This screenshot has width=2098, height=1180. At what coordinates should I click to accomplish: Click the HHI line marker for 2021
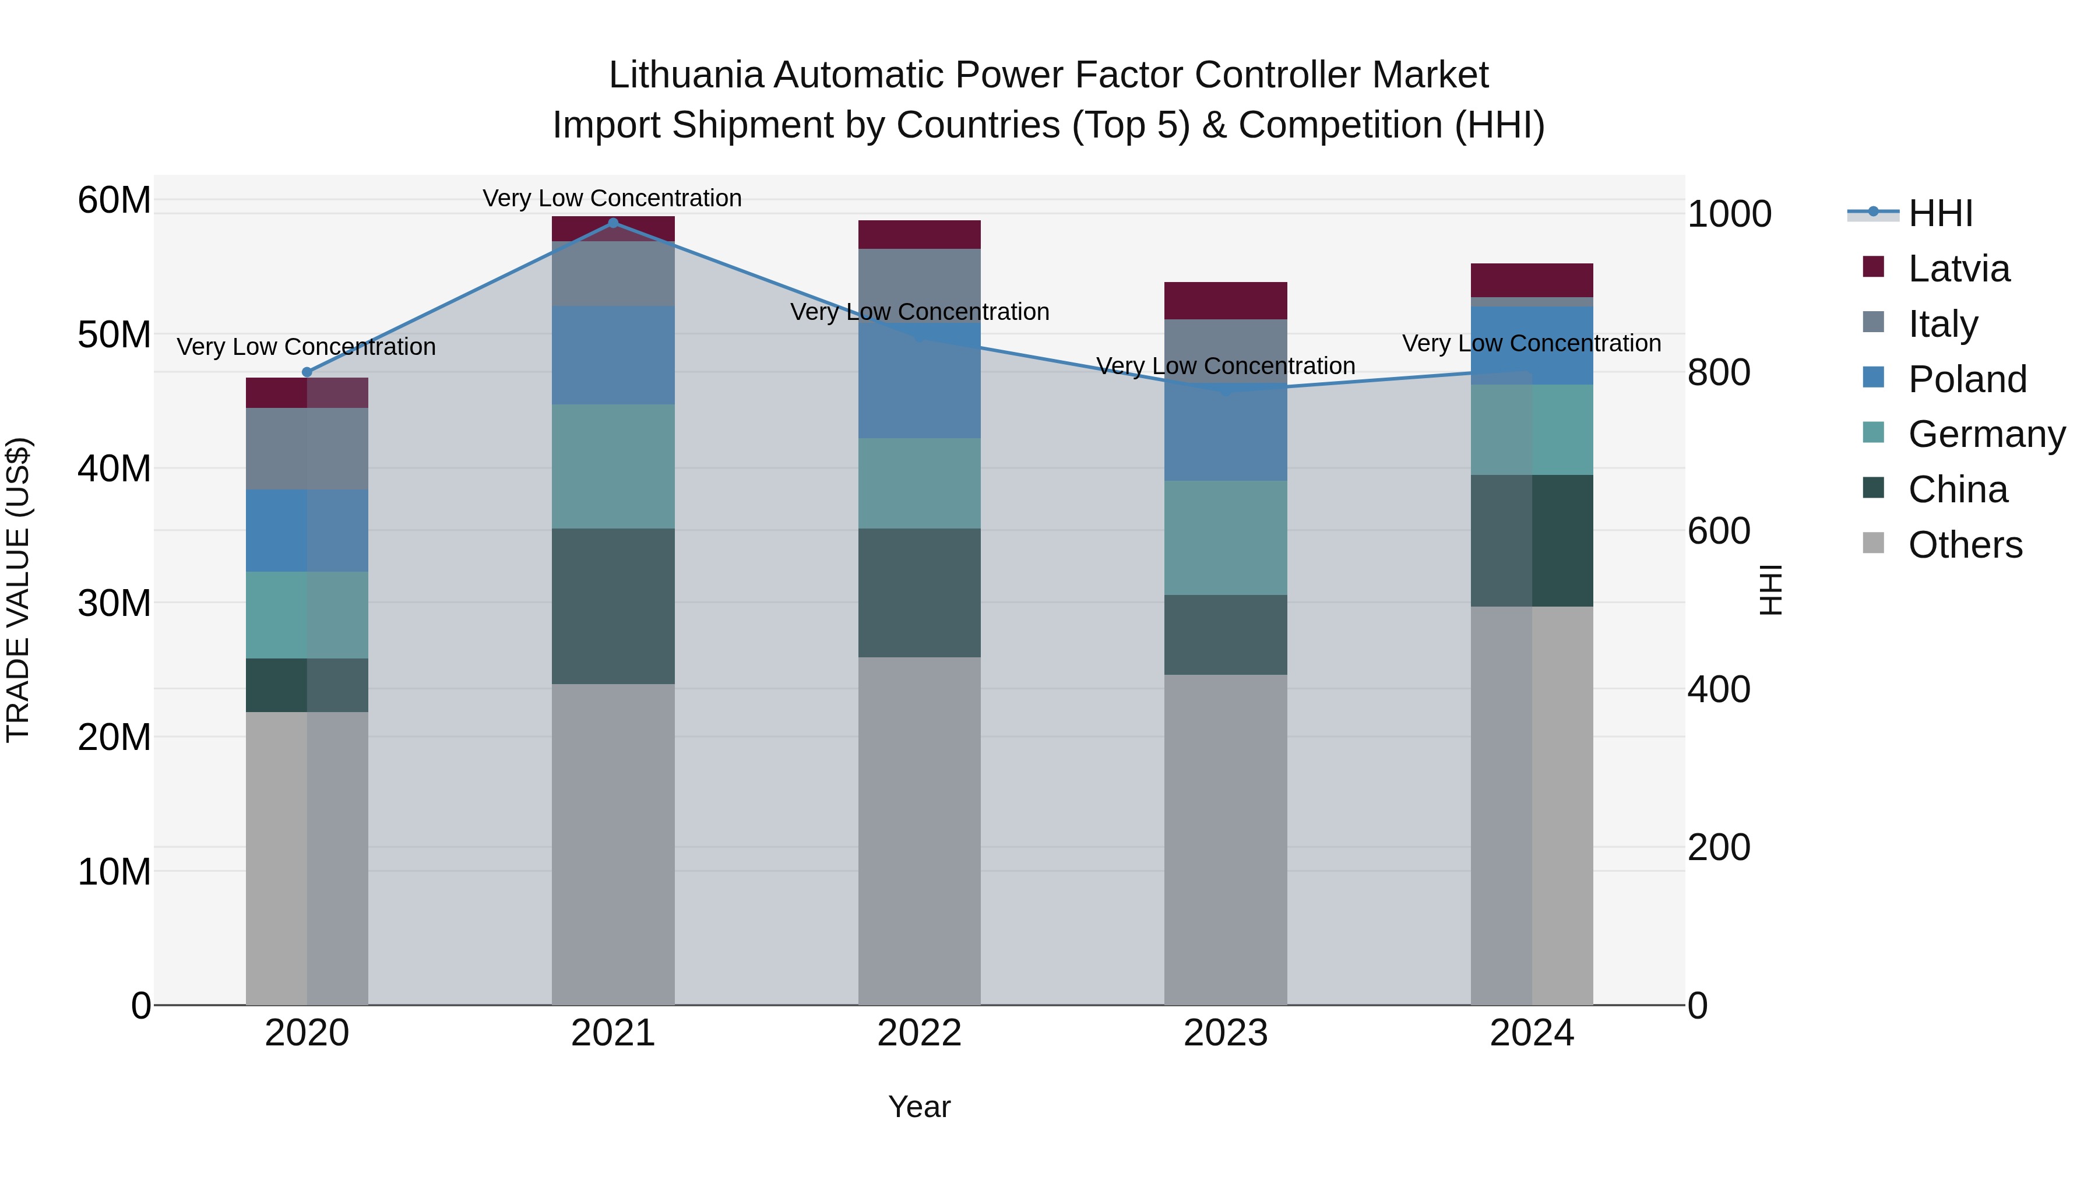click(613, 223)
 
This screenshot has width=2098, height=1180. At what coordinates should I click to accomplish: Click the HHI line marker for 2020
click(307, 372)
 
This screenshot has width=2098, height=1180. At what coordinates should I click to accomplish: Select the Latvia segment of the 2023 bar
click(1225, 301)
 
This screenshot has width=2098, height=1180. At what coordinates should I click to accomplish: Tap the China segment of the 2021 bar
click(613, 606)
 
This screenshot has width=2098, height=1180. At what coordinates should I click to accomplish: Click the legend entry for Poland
click(1967, 379)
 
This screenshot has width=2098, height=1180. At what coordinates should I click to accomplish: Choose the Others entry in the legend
click(1965, 545)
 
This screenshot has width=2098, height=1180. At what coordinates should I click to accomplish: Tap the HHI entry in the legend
click(1940, 213)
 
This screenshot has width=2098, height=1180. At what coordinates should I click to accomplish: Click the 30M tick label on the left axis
click(114, 604)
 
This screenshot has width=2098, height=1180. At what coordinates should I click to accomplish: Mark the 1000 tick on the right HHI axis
click(1729, 214)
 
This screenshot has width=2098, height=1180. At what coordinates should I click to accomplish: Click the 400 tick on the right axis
click(1719, 689)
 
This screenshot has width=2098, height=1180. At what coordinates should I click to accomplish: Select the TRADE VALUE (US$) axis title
click(18, 590)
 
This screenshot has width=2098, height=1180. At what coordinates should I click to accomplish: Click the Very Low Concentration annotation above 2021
click(612, 198)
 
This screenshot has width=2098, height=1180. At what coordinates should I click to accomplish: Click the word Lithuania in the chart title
click(686, 76)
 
